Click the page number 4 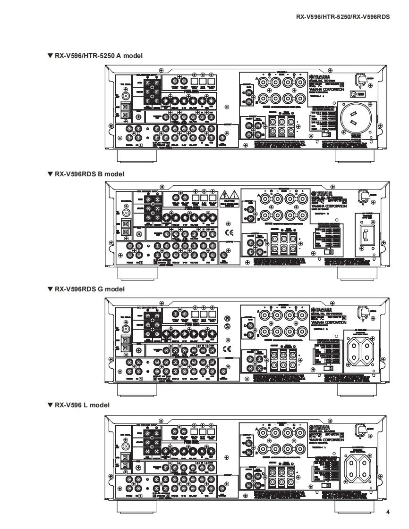point(388,512)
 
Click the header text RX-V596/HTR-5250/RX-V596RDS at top point(343,17)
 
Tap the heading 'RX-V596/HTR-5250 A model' point(95,56)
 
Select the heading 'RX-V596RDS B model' point(86,174)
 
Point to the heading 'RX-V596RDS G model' point(86,289)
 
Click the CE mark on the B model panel point(229,232)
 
